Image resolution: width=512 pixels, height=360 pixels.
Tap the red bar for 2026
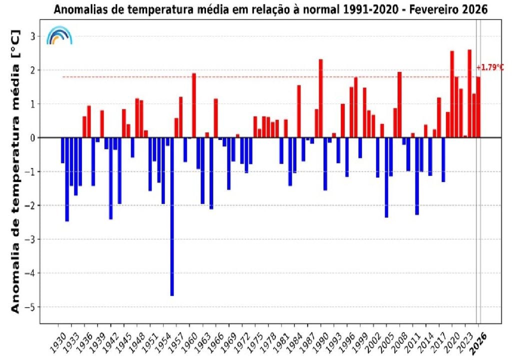pos(478,107)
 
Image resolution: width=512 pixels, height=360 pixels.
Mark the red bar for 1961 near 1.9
pos(194,105)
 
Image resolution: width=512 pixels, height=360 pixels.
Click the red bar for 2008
pos(399,104)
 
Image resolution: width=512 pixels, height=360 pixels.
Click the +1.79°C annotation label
pos(490,67)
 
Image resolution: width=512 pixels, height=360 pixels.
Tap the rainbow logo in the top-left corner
pos(59,35)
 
